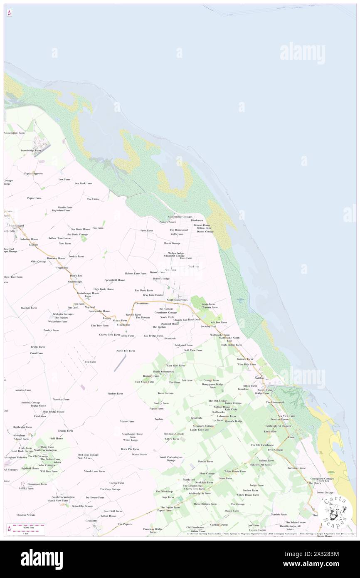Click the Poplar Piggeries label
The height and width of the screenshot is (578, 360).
pos(33,173)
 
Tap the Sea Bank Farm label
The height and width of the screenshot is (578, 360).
pos(84,183)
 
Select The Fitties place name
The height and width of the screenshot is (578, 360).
pos(93,199)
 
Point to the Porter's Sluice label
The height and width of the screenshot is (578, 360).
pos(168,222)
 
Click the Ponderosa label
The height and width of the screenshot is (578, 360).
pos(197,220)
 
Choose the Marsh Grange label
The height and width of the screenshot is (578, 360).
pos(172,243)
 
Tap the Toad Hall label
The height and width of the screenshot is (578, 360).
pos(194,267)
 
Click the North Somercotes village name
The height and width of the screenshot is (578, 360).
pos(177,300)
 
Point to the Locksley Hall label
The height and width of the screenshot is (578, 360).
pos(208,326)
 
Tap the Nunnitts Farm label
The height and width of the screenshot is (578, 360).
pos(61,399)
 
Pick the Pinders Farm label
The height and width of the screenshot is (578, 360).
pos(115,393)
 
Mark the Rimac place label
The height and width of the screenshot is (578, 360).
pos(291,437)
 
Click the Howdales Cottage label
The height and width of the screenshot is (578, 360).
pos(174,434)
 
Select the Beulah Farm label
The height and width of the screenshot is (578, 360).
pos(205,461)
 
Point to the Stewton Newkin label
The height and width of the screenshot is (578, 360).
pos(26,515)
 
